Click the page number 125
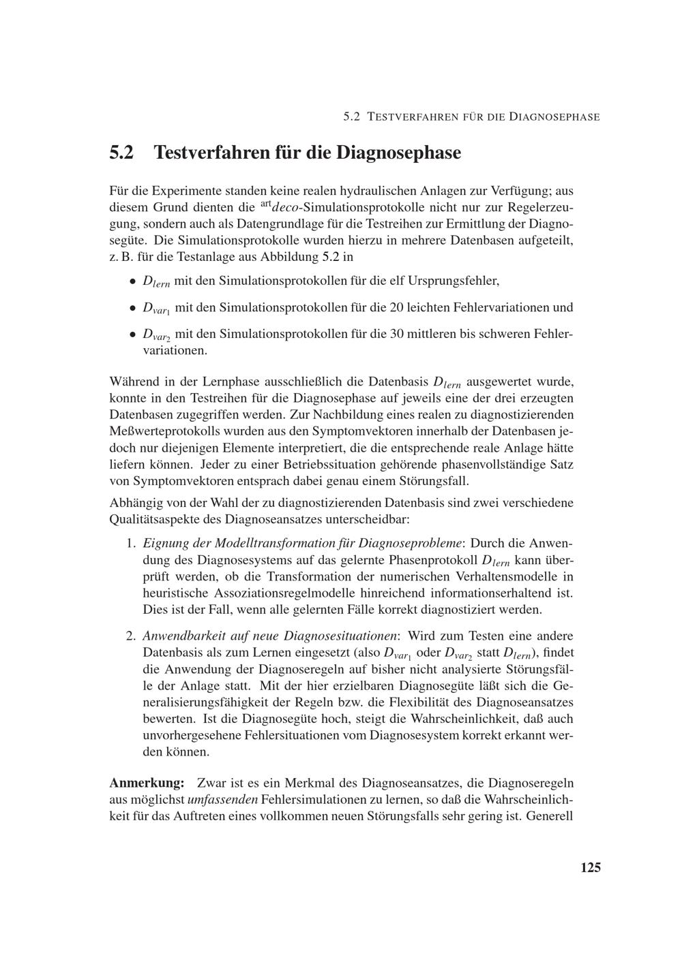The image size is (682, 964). tap(590, 867)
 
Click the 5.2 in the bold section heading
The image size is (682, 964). tap(123, 152)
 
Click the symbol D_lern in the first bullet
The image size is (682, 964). tap(155, 281)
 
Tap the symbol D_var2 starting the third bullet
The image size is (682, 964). tap(157, 336)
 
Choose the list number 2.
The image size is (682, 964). tap(131, 636)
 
